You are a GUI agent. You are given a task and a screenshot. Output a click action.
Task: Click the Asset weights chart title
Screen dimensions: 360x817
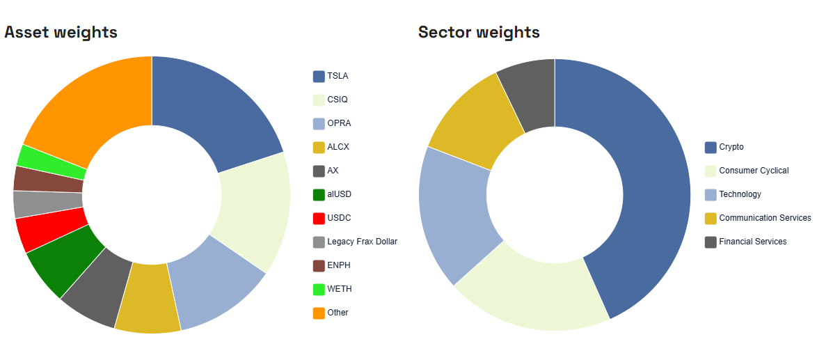(x=61, y=32)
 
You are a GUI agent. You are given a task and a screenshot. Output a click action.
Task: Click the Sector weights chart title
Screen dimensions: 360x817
(x=478, y=32)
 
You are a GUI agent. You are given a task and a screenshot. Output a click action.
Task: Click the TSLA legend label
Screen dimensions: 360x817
(x=338, y=76)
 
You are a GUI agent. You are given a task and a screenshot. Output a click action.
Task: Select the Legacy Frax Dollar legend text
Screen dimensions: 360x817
(x=362, y=242)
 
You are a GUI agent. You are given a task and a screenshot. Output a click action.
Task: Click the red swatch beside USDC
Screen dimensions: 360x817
(x=319, y=219)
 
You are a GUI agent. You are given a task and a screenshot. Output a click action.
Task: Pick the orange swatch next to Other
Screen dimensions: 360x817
(x=319, y=313)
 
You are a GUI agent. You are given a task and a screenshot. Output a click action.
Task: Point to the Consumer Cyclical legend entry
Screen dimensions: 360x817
(x=754, y=171)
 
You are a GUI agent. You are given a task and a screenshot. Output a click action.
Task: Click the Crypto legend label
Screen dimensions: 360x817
(x=731, y=147)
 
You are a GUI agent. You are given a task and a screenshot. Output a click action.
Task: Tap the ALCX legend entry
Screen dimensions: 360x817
(x=338, y=147)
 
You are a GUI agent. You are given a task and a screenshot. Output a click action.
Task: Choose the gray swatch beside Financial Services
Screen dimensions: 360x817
(x=711, y=242)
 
